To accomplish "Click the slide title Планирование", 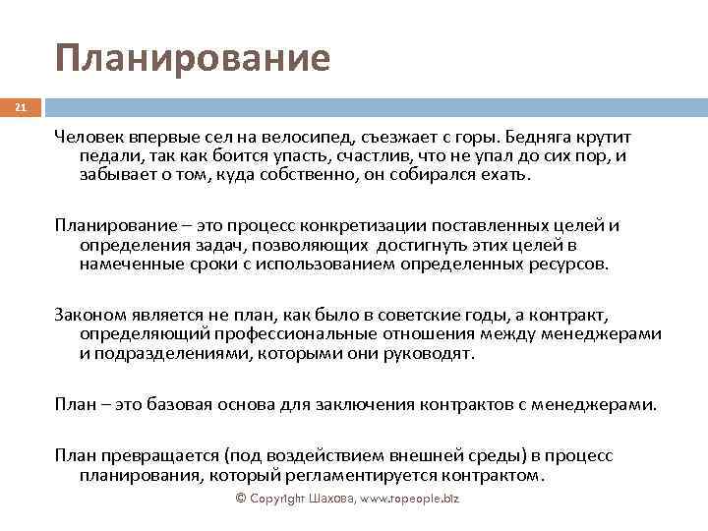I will tap(193, 58).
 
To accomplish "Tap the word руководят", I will tap(430, 353).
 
